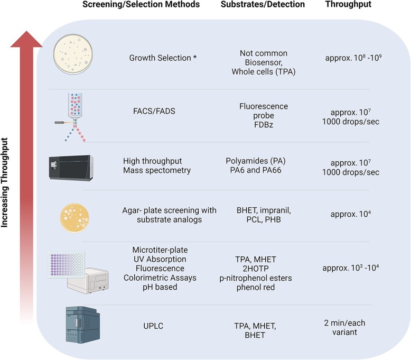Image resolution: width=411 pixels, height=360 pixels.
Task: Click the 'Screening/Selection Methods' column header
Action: tap(141, 5)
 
